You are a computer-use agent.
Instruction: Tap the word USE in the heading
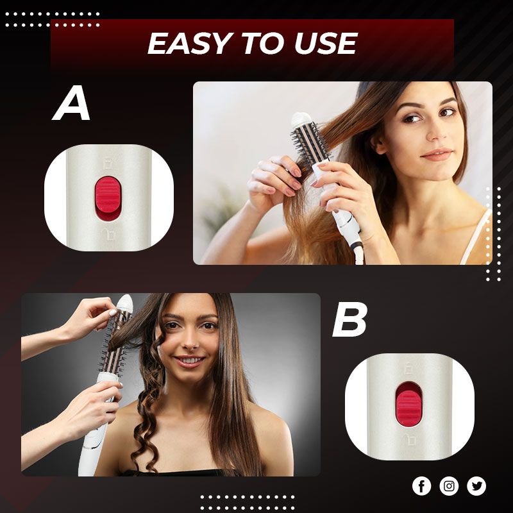point(326,43)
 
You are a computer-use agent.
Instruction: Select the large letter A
point(71,103)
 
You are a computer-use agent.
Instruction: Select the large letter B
point(349,319)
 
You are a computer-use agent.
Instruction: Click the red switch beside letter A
point(108,194)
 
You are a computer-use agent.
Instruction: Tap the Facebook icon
point(421,486)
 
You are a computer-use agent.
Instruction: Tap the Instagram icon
point(449,486)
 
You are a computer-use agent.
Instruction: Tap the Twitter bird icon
point(476,486)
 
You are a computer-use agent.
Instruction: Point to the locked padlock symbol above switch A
point(108,163)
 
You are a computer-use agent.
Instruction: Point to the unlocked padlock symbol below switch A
point(108,234)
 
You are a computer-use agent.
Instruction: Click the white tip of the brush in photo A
point(301,119)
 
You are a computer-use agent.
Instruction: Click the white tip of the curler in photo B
point(124,302)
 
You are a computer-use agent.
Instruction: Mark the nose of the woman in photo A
point(437,131)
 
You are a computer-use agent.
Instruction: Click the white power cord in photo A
point(358,252)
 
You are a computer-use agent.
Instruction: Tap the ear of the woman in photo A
point(380,144)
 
